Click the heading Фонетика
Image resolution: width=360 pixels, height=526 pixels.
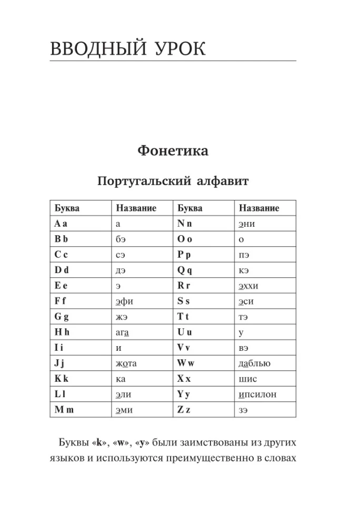pyautogui.click(x=173, y=151)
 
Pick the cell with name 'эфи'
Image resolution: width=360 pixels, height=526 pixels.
pyautogui.click(x=124, y=302)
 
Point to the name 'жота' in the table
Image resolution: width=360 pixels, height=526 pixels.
pyautogui.click(x=129, y=363)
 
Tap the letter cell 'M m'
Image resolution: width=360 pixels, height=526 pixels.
pyautogui.click(x=64, y=409)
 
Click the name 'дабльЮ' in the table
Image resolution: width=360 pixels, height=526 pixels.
pyautogui.click(x=254, y=363)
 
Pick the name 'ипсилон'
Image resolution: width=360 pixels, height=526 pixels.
pyautogui.click(x=257, y=394)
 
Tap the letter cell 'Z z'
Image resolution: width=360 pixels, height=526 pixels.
pyautogui.click(x=184, y=409)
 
